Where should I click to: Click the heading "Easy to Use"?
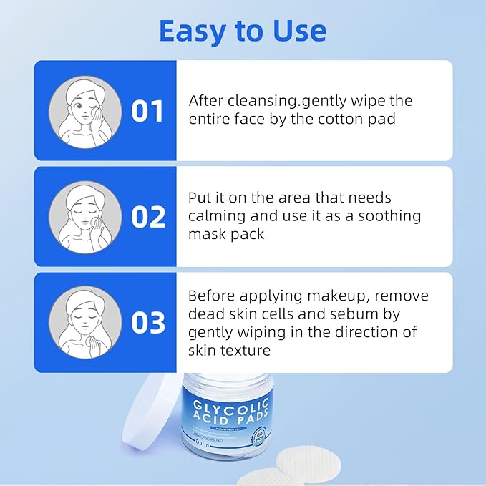point(242,31)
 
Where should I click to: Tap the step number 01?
point(148,111)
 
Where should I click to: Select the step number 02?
point(149,216)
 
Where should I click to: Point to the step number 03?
point(149,322)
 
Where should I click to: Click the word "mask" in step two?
point(208,234)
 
